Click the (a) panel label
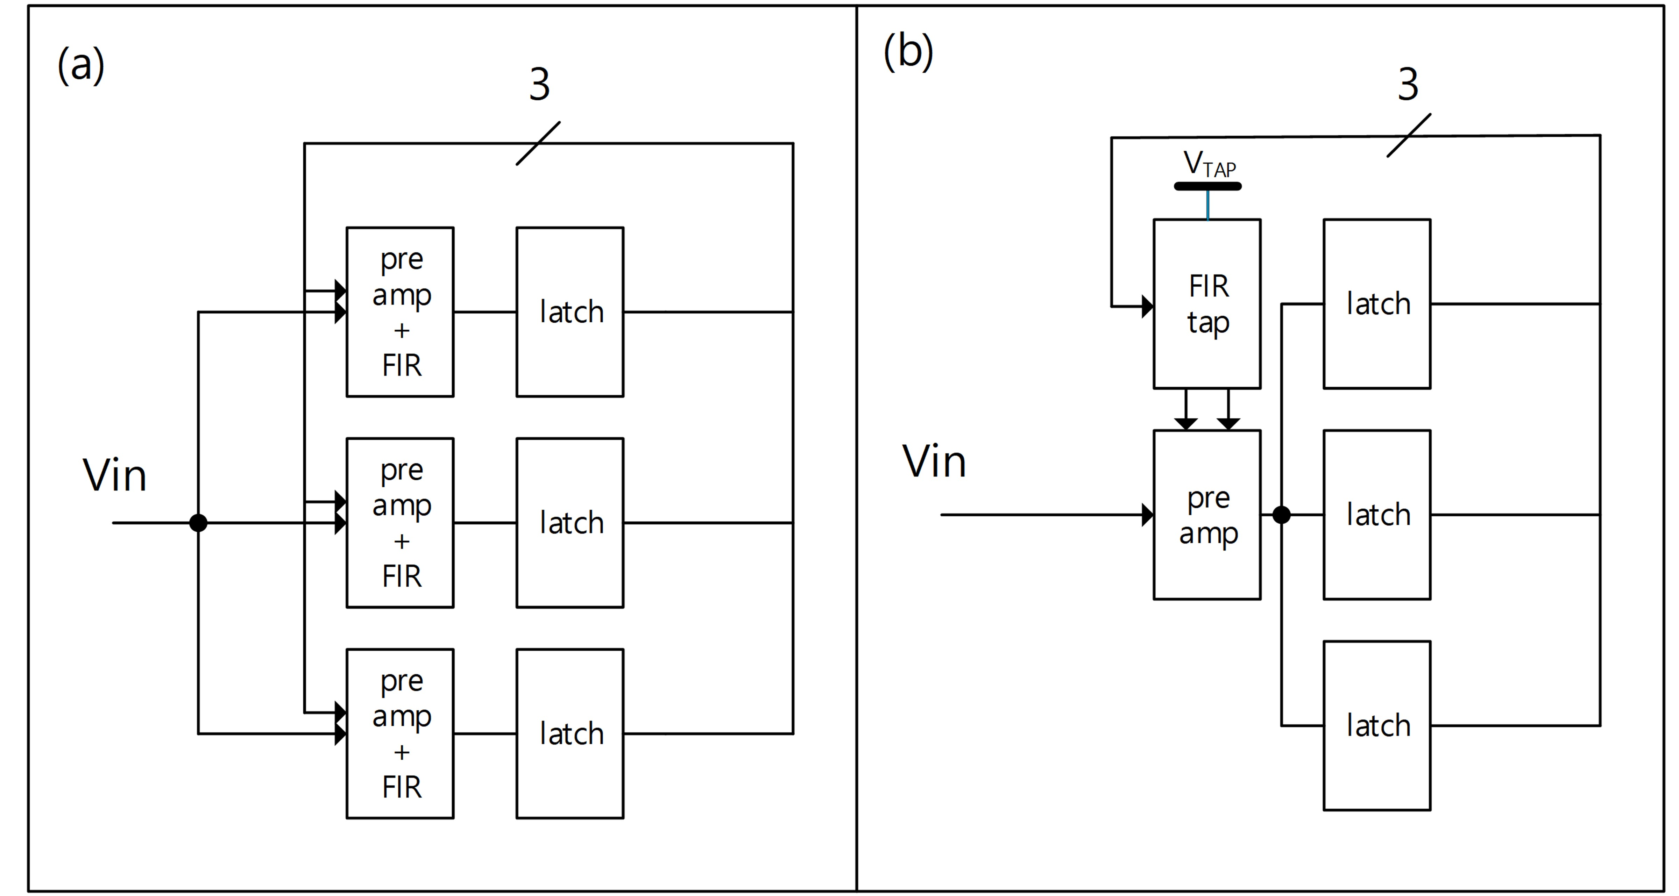tap(81, 65)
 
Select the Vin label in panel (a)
tap(115, 475)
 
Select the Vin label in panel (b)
tap(934, 461)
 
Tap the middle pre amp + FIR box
tap(400, 523)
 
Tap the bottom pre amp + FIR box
tap(400, 734)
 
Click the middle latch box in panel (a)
tap(570, 523)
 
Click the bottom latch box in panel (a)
tap(570, 734)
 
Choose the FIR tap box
tap(1207, 304)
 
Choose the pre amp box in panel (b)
tap(1207, 515)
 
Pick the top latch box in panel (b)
tap(1377, 304)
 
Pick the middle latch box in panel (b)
tap(1377, 515)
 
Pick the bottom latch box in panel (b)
tap(1377, 726)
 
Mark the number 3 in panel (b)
tap(1408, 85)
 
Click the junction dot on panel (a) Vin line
tap(198, 523)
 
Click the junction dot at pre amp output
tap(1281, 515)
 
